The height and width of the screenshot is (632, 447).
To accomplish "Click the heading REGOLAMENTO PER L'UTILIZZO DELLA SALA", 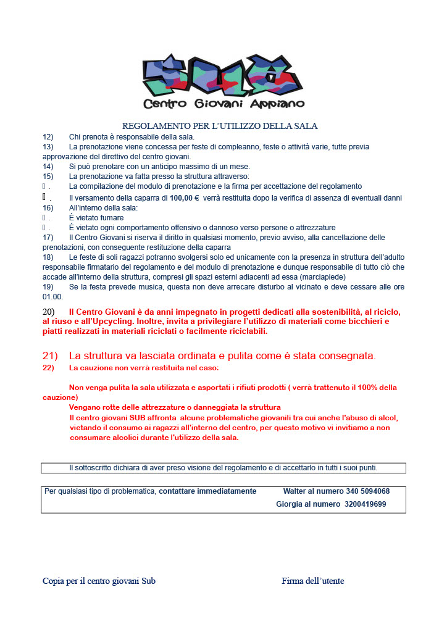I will pos(220,126).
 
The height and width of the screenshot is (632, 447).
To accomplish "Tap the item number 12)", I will pos(48,136).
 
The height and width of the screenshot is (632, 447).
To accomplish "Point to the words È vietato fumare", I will pos(96,218).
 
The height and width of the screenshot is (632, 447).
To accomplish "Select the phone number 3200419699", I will pos(366,504).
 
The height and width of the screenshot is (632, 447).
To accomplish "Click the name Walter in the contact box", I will pos(295,491).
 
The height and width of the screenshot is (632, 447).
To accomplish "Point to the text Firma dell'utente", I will pos(312,581).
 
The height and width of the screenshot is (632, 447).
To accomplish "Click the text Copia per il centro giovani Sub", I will pos(99,581).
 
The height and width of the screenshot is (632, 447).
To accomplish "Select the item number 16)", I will pos(48,208).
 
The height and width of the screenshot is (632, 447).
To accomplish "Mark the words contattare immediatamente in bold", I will pos(207,491).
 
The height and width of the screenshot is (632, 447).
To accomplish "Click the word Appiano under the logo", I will pos(277,104).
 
